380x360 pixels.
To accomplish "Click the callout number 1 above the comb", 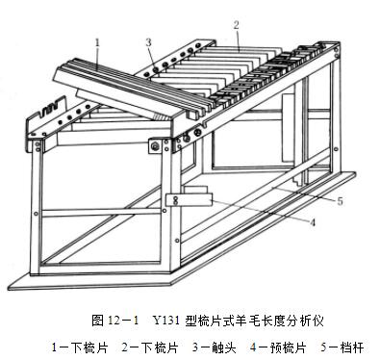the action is coord(97,42).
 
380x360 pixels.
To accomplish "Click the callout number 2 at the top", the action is coord(237,25).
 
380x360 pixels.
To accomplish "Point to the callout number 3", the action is coord(148,42).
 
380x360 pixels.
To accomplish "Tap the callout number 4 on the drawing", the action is coord(313,222).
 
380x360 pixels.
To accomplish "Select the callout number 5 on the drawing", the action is coord(340,201).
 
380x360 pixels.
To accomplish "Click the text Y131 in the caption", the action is coord(165,321).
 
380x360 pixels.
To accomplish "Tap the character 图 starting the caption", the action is coord(97,321).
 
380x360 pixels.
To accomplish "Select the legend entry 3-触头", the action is coord(214,347).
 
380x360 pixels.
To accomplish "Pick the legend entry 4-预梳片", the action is coord(278,347).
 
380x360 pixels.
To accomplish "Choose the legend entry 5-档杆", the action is coord(342,347).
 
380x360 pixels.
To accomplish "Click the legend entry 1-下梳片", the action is coord(80,347).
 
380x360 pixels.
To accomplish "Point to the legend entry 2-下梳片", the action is coord(150,347).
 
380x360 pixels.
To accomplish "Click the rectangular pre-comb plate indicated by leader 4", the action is coord(190,200).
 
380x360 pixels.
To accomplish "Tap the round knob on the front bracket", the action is coord(156,146).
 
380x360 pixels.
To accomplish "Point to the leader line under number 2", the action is coord(238,40).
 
